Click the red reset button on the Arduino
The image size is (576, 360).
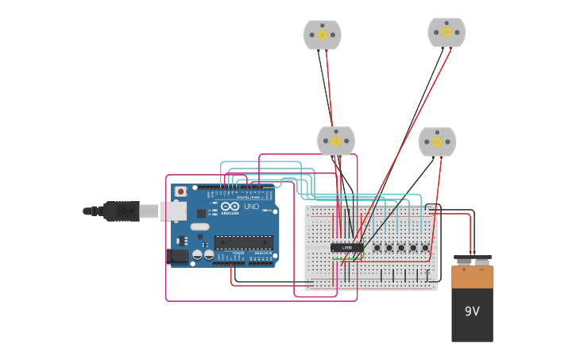(181, 192)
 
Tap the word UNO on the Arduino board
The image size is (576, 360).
(251, 207)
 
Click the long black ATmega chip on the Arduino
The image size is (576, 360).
(243, 242)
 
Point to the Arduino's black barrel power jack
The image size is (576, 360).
(179, 256)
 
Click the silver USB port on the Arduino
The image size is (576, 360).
(174, 211)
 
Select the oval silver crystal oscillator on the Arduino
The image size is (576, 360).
(199, 226)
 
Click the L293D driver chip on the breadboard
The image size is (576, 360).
(347, 247)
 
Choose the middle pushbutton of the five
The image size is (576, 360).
(401, 247)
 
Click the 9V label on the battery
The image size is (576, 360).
(472, 312)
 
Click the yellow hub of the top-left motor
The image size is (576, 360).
(322, 34)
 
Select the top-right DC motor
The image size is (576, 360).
(446, 32)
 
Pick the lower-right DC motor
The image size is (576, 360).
(437, 141)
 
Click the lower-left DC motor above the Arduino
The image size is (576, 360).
(336, 141)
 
